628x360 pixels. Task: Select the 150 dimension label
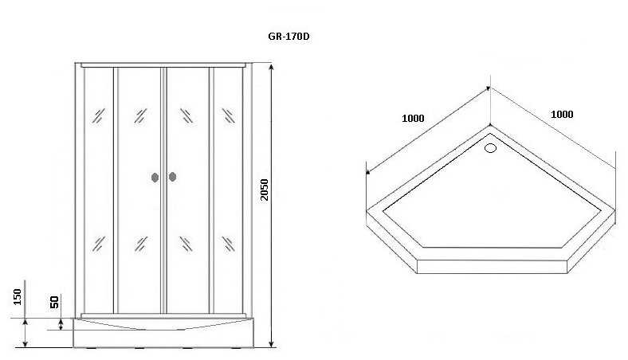click(x=18, y=296)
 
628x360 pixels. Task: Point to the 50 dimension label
click(x=54, y=302)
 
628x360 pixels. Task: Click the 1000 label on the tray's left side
click(x=413, y=119)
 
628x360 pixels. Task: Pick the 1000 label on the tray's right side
click(x=562, y=114)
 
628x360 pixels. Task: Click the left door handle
click(x=154, y=178)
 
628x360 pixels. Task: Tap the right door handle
click(x=171, y=178)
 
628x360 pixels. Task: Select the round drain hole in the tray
click(x=491, y=147)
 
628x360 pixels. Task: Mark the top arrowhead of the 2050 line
click(x=272, y=67)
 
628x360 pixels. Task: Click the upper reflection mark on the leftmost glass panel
click(x=98, y=115)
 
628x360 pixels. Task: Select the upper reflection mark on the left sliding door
click(x=141, y=115)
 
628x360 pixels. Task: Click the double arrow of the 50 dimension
click(x=61, y=323)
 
